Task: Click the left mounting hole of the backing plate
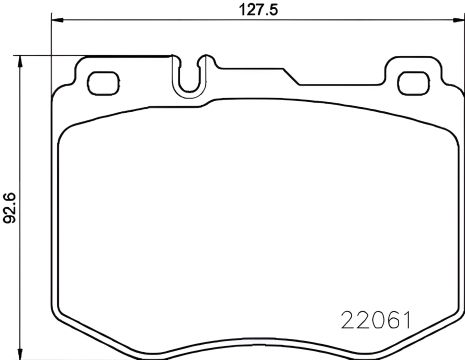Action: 100,83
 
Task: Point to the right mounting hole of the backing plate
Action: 412,83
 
